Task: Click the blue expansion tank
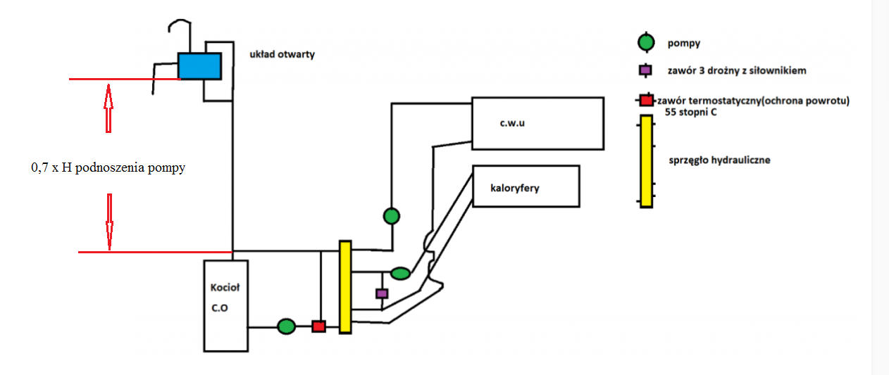[x=199, y=66]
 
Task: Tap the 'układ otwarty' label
[x=282, y=54]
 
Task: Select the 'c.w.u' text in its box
[x=512, y=123]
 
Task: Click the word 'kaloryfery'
[x=515, y=188]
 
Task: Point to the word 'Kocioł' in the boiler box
[x=225, y=287]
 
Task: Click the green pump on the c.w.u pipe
[x=392, y=216]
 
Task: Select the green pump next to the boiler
[x=286, y=326]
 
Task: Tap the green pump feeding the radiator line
[x=400, y=273]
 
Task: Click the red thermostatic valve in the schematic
[x=318, y=326]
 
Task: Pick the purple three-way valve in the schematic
[x=382, y=293]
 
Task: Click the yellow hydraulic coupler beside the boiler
[x=345, y=287]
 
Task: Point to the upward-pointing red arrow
[x=108, y=108]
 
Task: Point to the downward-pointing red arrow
[x=109, y=222]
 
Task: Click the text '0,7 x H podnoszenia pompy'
[x=108, y=167]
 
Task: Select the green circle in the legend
[x=646, y=42]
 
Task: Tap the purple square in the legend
[x=645, y=70]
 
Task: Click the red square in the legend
[x=647, y=101]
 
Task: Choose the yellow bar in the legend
[x=647, y=161]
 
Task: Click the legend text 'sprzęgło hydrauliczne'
[x=719, y=160]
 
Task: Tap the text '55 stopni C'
[x=690, y=112]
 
